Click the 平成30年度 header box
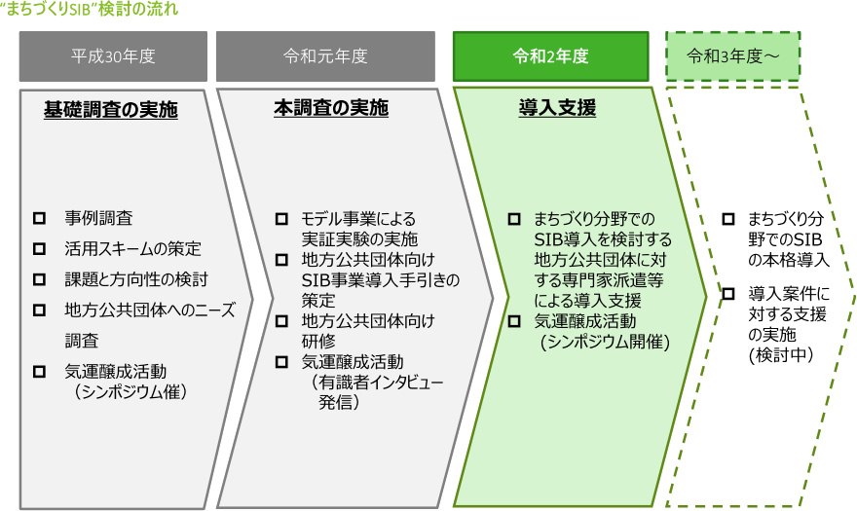coord(113,56)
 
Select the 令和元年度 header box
coord(325,56)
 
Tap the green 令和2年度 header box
coord(550,56)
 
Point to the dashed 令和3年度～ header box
coord(732,56)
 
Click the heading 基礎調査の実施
coord(111,110)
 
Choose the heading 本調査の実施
coord(331,108)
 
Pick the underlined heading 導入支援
coord(557,108)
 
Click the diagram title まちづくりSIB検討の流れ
coord(90,10)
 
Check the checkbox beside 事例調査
coord(39,219)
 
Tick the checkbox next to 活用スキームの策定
coord(39,249)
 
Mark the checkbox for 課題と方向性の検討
coord(39,279)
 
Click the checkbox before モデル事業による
coord(281,219)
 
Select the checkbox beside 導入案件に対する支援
coord(728,294)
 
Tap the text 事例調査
coord(98,219)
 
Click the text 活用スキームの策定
coord(132,249)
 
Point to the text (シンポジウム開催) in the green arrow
coord(605,342)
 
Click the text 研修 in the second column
coord(318,342)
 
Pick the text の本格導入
coord(789,260)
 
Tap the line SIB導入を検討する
coord(603,239)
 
